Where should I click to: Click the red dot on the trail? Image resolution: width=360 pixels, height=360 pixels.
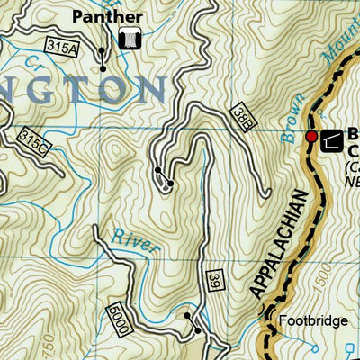tap(310, 137)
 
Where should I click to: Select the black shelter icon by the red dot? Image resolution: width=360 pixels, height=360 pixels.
tap(332, 138)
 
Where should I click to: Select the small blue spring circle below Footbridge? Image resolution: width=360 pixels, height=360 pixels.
tap(314, 345)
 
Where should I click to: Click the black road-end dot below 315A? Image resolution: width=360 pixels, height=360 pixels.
tap(103, 68)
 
